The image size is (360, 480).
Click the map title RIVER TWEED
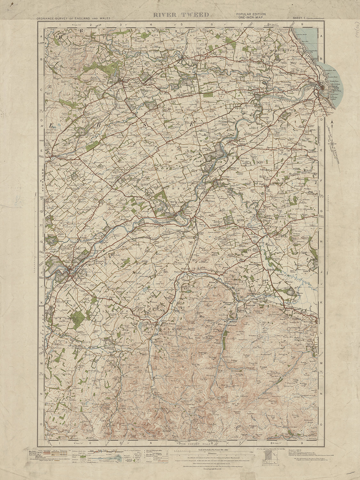[x=181, y=15]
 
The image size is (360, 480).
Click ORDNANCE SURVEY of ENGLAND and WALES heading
[x=73, y=19]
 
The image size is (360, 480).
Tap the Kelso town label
[x=62, y=269]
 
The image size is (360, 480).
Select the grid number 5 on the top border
[x=181, y=24]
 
